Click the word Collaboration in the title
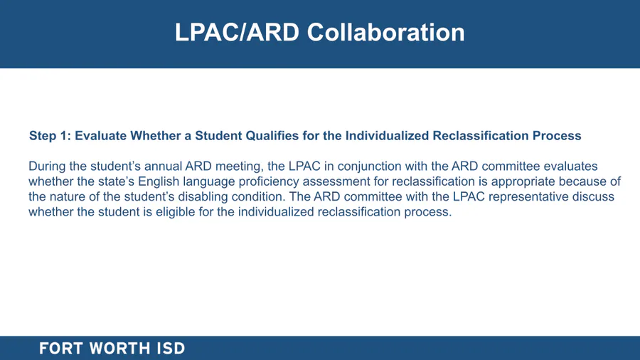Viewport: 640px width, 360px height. [385, 32]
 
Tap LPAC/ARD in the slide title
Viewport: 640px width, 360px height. [237, 32]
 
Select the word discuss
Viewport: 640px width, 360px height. [593, 197]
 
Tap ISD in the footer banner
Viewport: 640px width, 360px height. [171, 349]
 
